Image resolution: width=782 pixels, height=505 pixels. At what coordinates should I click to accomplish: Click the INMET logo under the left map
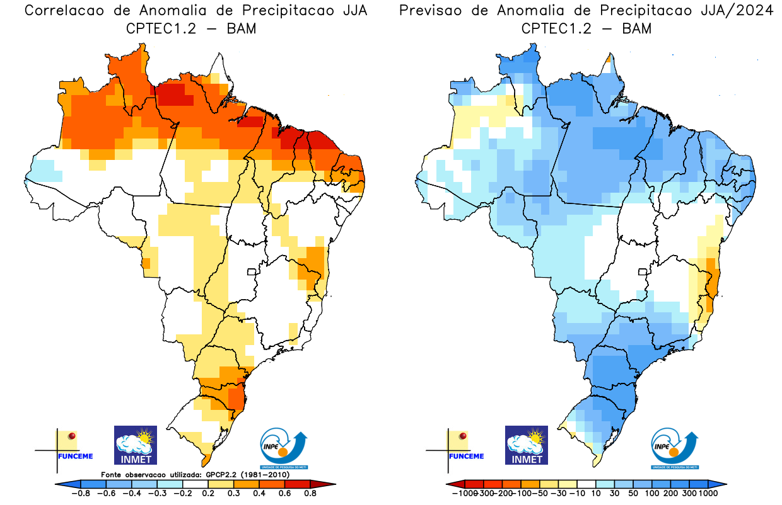[x=135, y=445]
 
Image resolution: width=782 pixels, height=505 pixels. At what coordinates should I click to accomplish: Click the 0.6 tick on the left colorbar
[x=284, y=494]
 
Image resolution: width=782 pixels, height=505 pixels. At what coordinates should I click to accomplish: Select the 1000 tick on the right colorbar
[x=708, y=494]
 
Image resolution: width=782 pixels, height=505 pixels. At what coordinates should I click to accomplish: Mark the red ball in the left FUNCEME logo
[x=73, y=436]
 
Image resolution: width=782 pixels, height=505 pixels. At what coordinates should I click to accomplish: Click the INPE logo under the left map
[x=283, y=448]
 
